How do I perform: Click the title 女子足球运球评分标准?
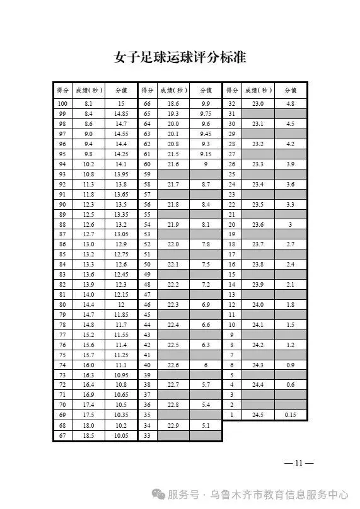[180, 59]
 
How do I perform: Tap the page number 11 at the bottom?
[299, 463]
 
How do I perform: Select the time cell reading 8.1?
[89, 103]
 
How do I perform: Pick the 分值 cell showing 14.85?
[121, 113]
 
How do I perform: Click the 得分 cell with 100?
[62, 103]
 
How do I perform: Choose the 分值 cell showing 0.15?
[290, 415]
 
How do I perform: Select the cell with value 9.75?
[206, 113]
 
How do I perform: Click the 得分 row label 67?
[62, 436]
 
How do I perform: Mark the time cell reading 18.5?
[89, 436]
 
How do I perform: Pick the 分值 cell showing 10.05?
[121, 436]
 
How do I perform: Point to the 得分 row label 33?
[147, 436]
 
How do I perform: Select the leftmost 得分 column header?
[62, 90]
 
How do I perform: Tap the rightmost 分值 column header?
[290, 90]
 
